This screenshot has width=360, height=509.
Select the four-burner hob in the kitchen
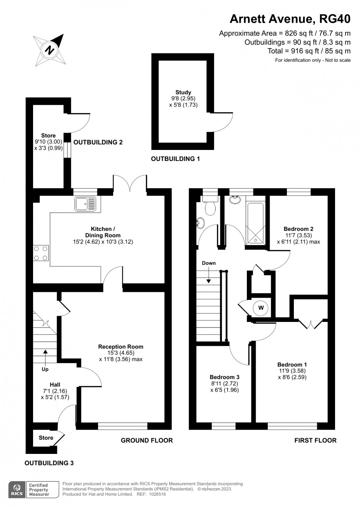(41, 253)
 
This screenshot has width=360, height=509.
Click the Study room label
(183, 92)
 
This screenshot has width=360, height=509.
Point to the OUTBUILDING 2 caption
(98, 142)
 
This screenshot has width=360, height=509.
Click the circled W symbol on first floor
(261, 308)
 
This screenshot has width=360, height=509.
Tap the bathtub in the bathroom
(255, 223)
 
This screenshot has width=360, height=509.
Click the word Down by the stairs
(209, 263)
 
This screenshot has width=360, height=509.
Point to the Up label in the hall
(45, 369)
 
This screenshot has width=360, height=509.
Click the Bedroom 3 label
(224, 377)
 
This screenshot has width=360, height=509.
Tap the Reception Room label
(120, 347)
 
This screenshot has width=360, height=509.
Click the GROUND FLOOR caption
(147, 440)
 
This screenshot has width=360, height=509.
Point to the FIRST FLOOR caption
(315, 440)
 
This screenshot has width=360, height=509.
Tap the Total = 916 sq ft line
(309, 51)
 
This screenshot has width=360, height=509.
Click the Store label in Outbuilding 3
(46, 438)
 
